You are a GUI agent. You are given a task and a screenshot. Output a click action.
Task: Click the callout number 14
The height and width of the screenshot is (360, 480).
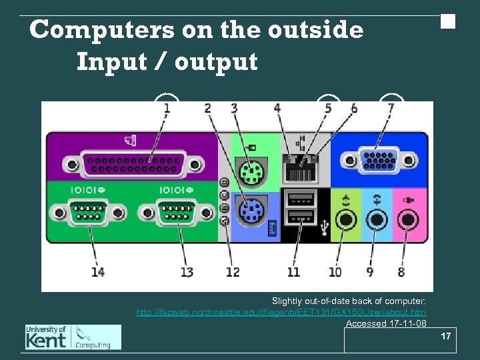pos(98,271)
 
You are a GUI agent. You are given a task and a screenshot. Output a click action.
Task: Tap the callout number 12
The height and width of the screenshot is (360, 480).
pos(232,271)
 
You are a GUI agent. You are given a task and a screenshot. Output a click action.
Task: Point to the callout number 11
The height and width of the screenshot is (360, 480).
pos(293,271)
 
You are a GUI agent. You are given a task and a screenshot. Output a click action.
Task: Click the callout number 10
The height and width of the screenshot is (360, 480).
pos(335,271)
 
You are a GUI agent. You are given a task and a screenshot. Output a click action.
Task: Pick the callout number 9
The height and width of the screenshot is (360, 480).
pos(369,271)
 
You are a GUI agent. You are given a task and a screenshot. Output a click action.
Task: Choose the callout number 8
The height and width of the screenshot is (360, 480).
pos(401,271)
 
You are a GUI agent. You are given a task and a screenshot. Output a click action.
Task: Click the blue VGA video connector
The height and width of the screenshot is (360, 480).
pos(377,161)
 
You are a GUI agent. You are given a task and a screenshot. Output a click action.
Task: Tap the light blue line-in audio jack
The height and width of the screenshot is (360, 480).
pos(377,217)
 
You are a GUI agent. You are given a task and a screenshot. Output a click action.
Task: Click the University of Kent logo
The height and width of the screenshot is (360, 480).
pos(73,337)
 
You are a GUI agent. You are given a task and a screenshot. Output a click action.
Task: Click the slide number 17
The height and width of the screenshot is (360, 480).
pos(446,336)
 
